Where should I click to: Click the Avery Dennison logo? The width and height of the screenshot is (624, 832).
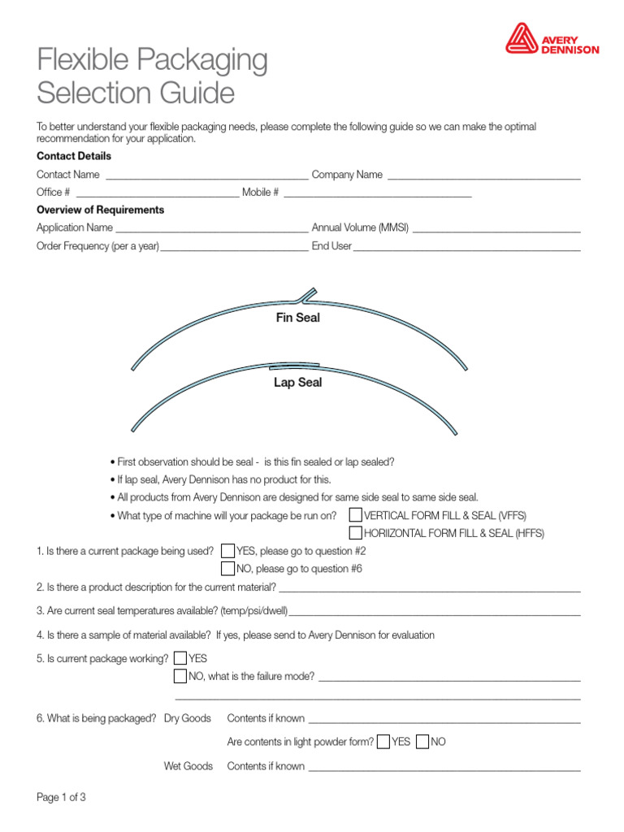pyautogui.click(x=552, y=38)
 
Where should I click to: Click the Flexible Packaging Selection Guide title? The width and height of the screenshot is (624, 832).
pyautogui.click(x=152, y=76)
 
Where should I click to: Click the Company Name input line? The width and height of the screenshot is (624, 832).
pyautogui.click(x=484, y=175)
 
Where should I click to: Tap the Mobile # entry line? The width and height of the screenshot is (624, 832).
pyautogui.click(x=377, y=193)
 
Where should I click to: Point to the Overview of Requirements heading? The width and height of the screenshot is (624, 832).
pyautogui.click(x=100, y=210)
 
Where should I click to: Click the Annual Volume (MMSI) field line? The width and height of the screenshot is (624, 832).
pyautogui.click(x=496, y=228)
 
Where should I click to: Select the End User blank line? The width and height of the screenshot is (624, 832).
pyautogui.click(x=467, y=246)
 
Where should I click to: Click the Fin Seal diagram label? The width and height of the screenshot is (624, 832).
pyautogui.click(x=298, y=318)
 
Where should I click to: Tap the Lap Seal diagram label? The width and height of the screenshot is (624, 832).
pyautogui.click(x=297, y=382)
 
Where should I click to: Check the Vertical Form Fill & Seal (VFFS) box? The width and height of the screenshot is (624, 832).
pyautogui.click(x=356, y=515)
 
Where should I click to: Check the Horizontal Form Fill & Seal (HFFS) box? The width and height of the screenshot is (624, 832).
pyautogui.click(x=356, y=533)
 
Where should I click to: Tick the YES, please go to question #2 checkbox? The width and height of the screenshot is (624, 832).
pyautogui.click(x=227, y=551)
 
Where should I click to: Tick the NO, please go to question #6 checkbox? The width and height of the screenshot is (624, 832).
pyautogui.click(x=227, y=568)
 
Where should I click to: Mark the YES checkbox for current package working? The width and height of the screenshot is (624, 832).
pyautogui.click(x=180, y=658)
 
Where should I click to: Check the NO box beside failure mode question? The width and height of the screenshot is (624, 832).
pyautogui.click(x=180, y=676)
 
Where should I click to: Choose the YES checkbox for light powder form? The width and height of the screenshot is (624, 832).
pyautogui.click(x=383, y=742)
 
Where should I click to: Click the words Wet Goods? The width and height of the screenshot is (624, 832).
pyautogui.click(x=188, y=766)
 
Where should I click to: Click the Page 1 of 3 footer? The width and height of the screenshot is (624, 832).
pyautogui.click(x=61, y=798)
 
